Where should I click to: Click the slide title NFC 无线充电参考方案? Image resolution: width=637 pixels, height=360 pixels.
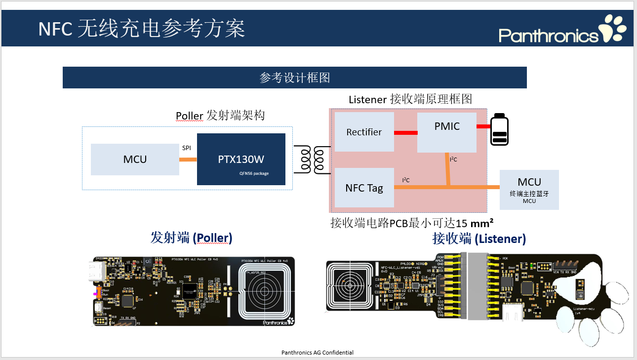pyautogui.click(x=142, y=29)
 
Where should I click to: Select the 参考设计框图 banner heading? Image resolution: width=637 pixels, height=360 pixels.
pyautogui.click(x=294, y=78)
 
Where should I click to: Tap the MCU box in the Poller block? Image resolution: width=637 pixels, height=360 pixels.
pyautogui.click(x=135, y=159)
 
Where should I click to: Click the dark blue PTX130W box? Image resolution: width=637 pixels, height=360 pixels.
pyautogui.click(x=241, y=159)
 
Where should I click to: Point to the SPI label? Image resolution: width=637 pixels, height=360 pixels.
pyautogui.click(x=187, y=148)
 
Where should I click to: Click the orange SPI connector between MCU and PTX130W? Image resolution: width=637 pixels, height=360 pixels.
pyautogui.click(x=188, y=159)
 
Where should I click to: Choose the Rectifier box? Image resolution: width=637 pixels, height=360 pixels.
pyautogui.click(x=364, y=132)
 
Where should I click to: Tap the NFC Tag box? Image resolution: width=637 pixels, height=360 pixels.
pyautogui.click(x=364, y=188)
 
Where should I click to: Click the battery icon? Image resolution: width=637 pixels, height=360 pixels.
pyautogui.click(x=499, y=130)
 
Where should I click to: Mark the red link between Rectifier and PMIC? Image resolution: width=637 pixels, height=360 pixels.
pyautogui.click(x=405, y=132)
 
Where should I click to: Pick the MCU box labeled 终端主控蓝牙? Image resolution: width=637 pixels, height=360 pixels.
pyautogui.click(x=529, y=190)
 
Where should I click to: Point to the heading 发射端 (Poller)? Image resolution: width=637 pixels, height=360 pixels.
pyautogui.click(x=191, y=238)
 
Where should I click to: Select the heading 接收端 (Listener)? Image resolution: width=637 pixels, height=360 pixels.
pyautogui.click(x=479, y=239)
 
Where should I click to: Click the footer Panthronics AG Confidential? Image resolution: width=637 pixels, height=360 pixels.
pyautogui.click(x=317, y=353)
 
